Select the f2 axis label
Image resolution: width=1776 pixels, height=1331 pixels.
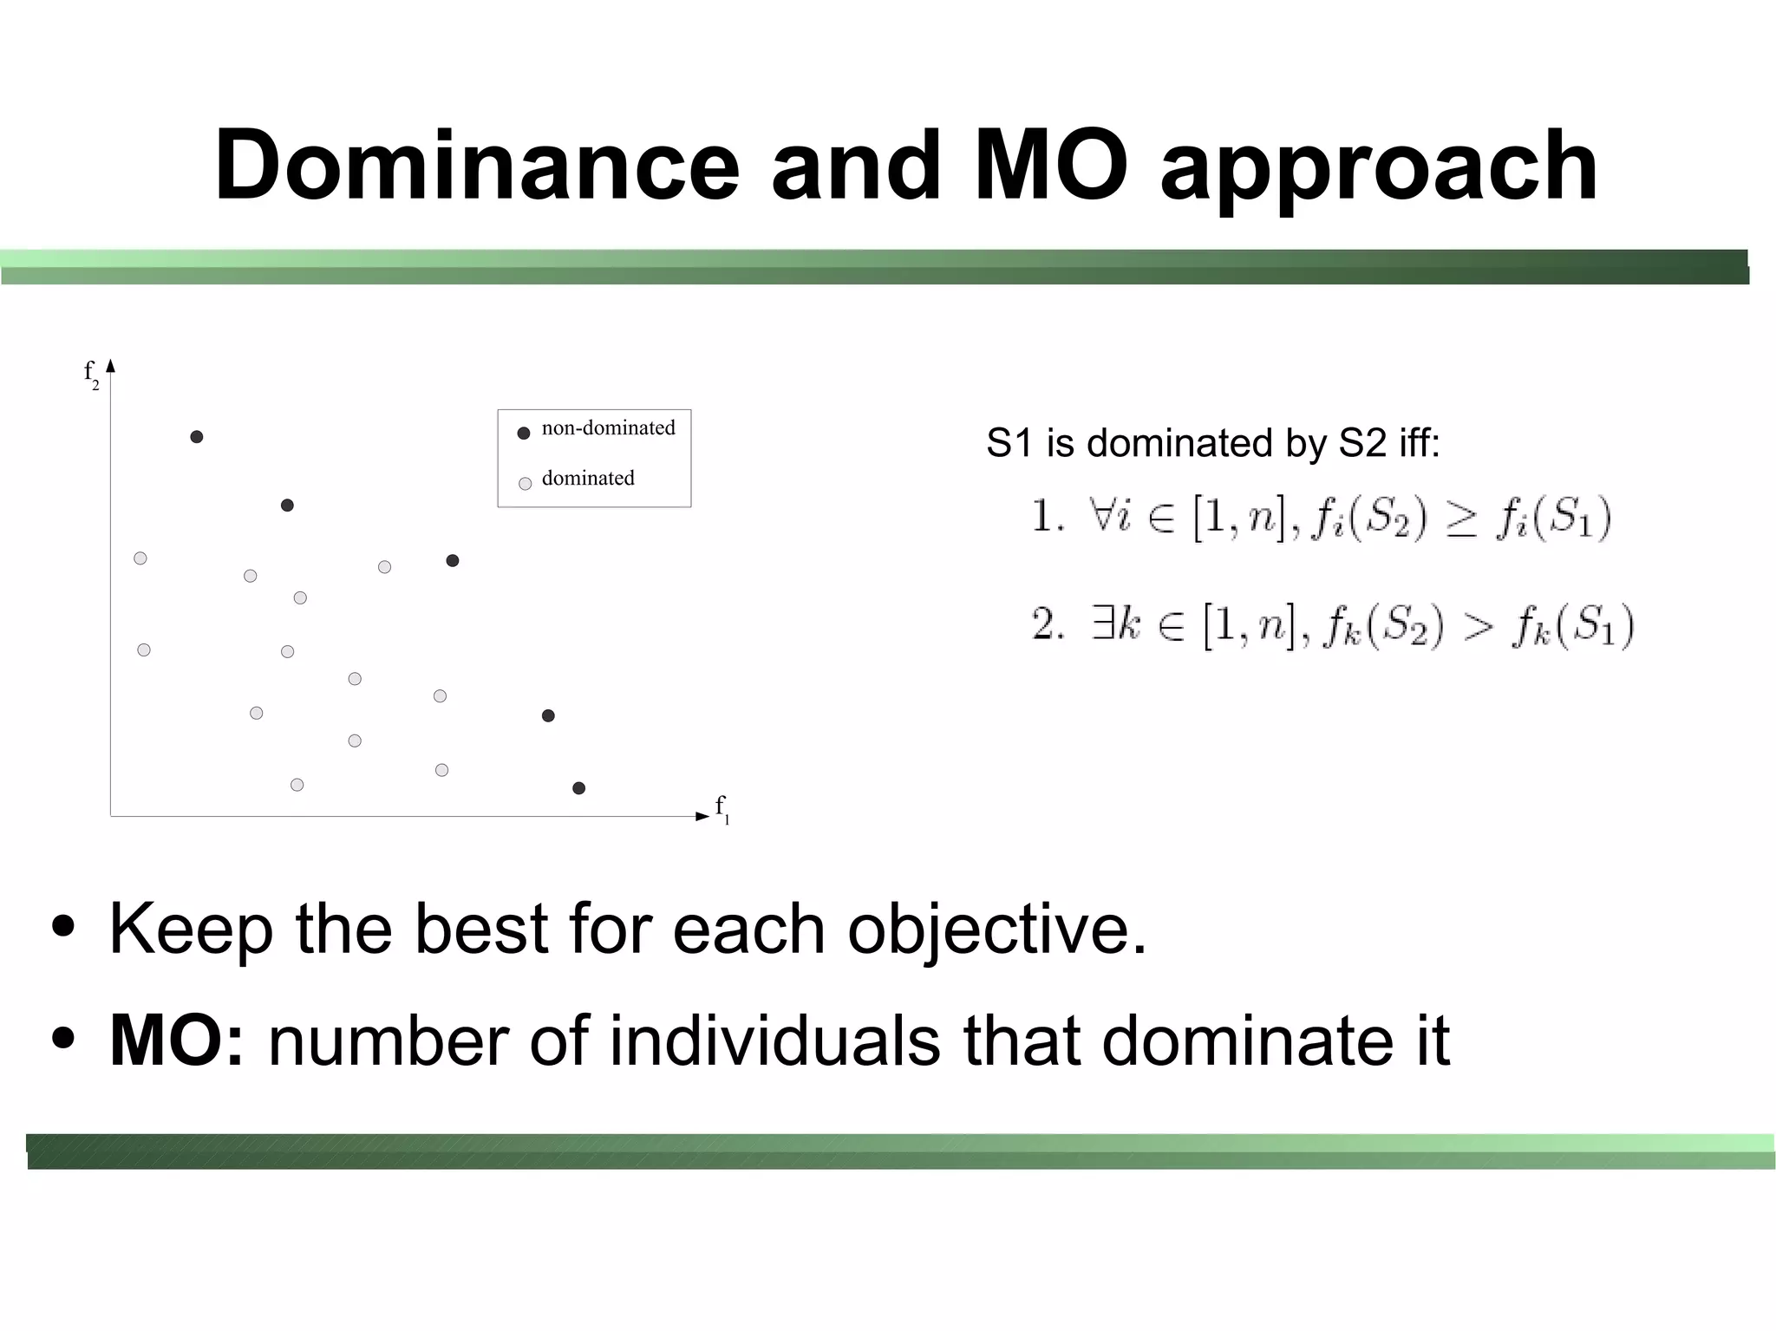coord(91,374)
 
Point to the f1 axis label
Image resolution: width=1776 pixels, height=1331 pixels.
coord(721,809)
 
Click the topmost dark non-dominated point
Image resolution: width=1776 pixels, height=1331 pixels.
coord(197,437)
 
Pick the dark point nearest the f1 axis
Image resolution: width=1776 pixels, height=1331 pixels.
coord(579,788)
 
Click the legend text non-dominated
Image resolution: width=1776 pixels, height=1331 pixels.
coord(608,428)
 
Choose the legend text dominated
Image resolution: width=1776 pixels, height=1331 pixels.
coord(588,479)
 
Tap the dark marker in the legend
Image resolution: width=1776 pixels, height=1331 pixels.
coord(524,433)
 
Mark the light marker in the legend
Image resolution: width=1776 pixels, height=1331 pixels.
coord(525,484)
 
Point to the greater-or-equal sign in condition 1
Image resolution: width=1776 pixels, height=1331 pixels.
coord(1461,521)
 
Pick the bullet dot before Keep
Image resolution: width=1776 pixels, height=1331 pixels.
coord(62,927)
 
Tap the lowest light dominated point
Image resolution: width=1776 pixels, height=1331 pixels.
coord(297,785)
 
